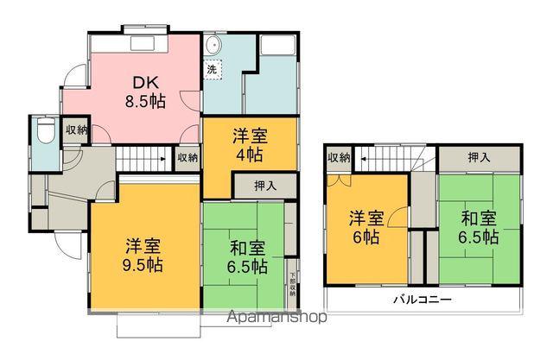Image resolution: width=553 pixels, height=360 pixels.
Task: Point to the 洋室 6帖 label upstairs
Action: (x=364, y=226)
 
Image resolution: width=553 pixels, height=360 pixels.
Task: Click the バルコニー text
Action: (x=423, y=300)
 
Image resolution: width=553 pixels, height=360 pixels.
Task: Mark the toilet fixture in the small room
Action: (x=45, y=132)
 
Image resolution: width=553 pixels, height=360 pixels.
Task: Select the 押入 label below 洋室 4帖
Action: (x=265, y=186)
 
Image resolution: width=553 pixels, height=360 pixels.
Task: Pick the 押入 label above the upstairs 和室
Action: (x=479, y=158)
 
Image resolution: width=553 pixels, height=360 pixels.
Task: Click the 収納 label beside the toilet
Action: (x=77, y=130)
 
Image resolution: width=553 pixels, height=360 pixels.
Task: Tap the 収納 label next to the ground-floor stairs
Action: (x=188, y=158)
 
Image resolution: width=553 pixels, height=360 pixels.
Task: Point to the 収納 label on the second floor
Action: (x=339, y=158)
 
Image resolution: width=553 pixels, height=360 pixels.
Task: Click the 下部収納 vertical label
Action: (x=293, y=285)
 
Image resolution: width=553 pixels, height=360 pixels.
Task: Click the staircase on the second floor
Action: (x=394, y=158)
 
